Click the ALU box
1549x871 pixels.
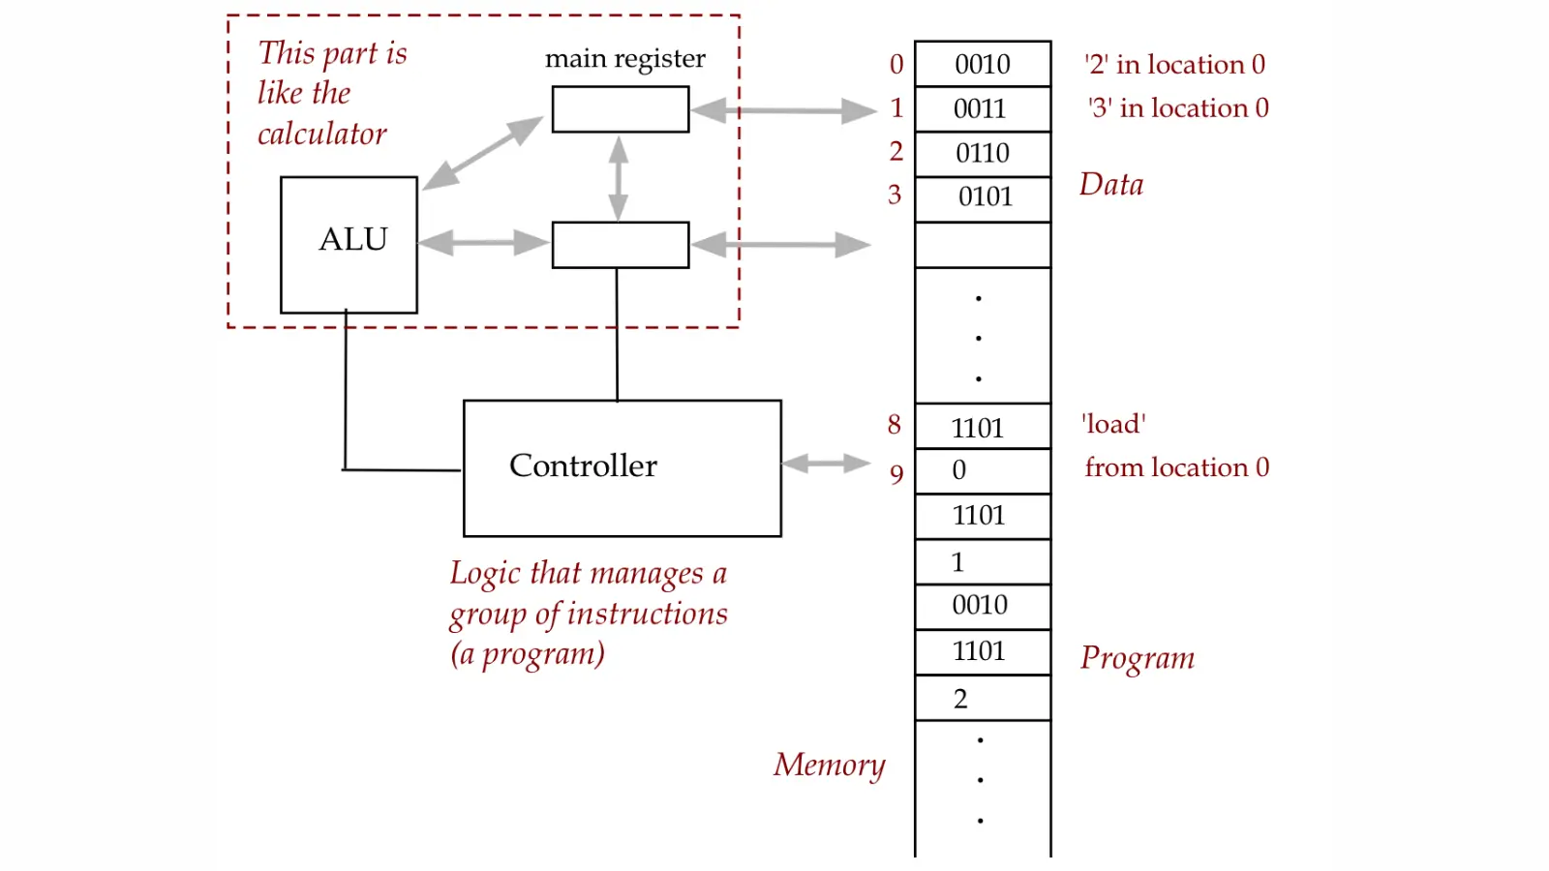(x=349, y=244)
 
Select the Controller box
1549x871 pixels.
(x=622, y=467)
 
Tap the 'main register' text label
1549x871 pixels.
(x=624, y=59)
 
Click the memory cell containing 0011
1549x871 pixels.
(x=982, y=109)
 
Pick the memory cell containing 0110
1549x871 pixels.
(x=982, y=154)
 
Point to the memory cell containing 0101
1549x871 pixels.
(x=982, y=198)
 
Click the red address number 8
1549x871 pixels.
(x=895, y=425)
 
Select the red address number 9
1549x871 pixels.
(x=896, y=474)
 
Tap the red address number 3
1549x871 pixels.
(x=895, y=195)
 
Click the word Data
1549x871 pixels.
(x=1111, y=185)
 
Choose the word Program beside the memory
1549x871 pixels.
(x=1138, y=658)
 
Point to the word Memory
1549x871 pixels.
(x=829, y=765)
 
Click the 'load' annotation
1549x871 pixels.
(x=1113, y=424)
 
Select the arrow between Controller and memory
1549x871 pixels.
(x=826, y=465)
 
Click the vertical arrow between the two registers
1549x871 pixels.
(x=619, y=178)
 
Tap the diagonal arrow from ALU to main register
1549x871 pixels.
(x=482, y=153)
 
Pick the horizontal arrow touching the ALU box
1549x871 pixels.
(x=484, y=242)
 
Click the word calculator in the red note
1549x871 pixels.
(x=321, y=134)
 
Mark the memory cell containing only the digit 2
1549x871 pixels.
(x=982, y=699)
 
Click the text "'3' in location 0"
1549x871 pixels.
(x=1177, y=108)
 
